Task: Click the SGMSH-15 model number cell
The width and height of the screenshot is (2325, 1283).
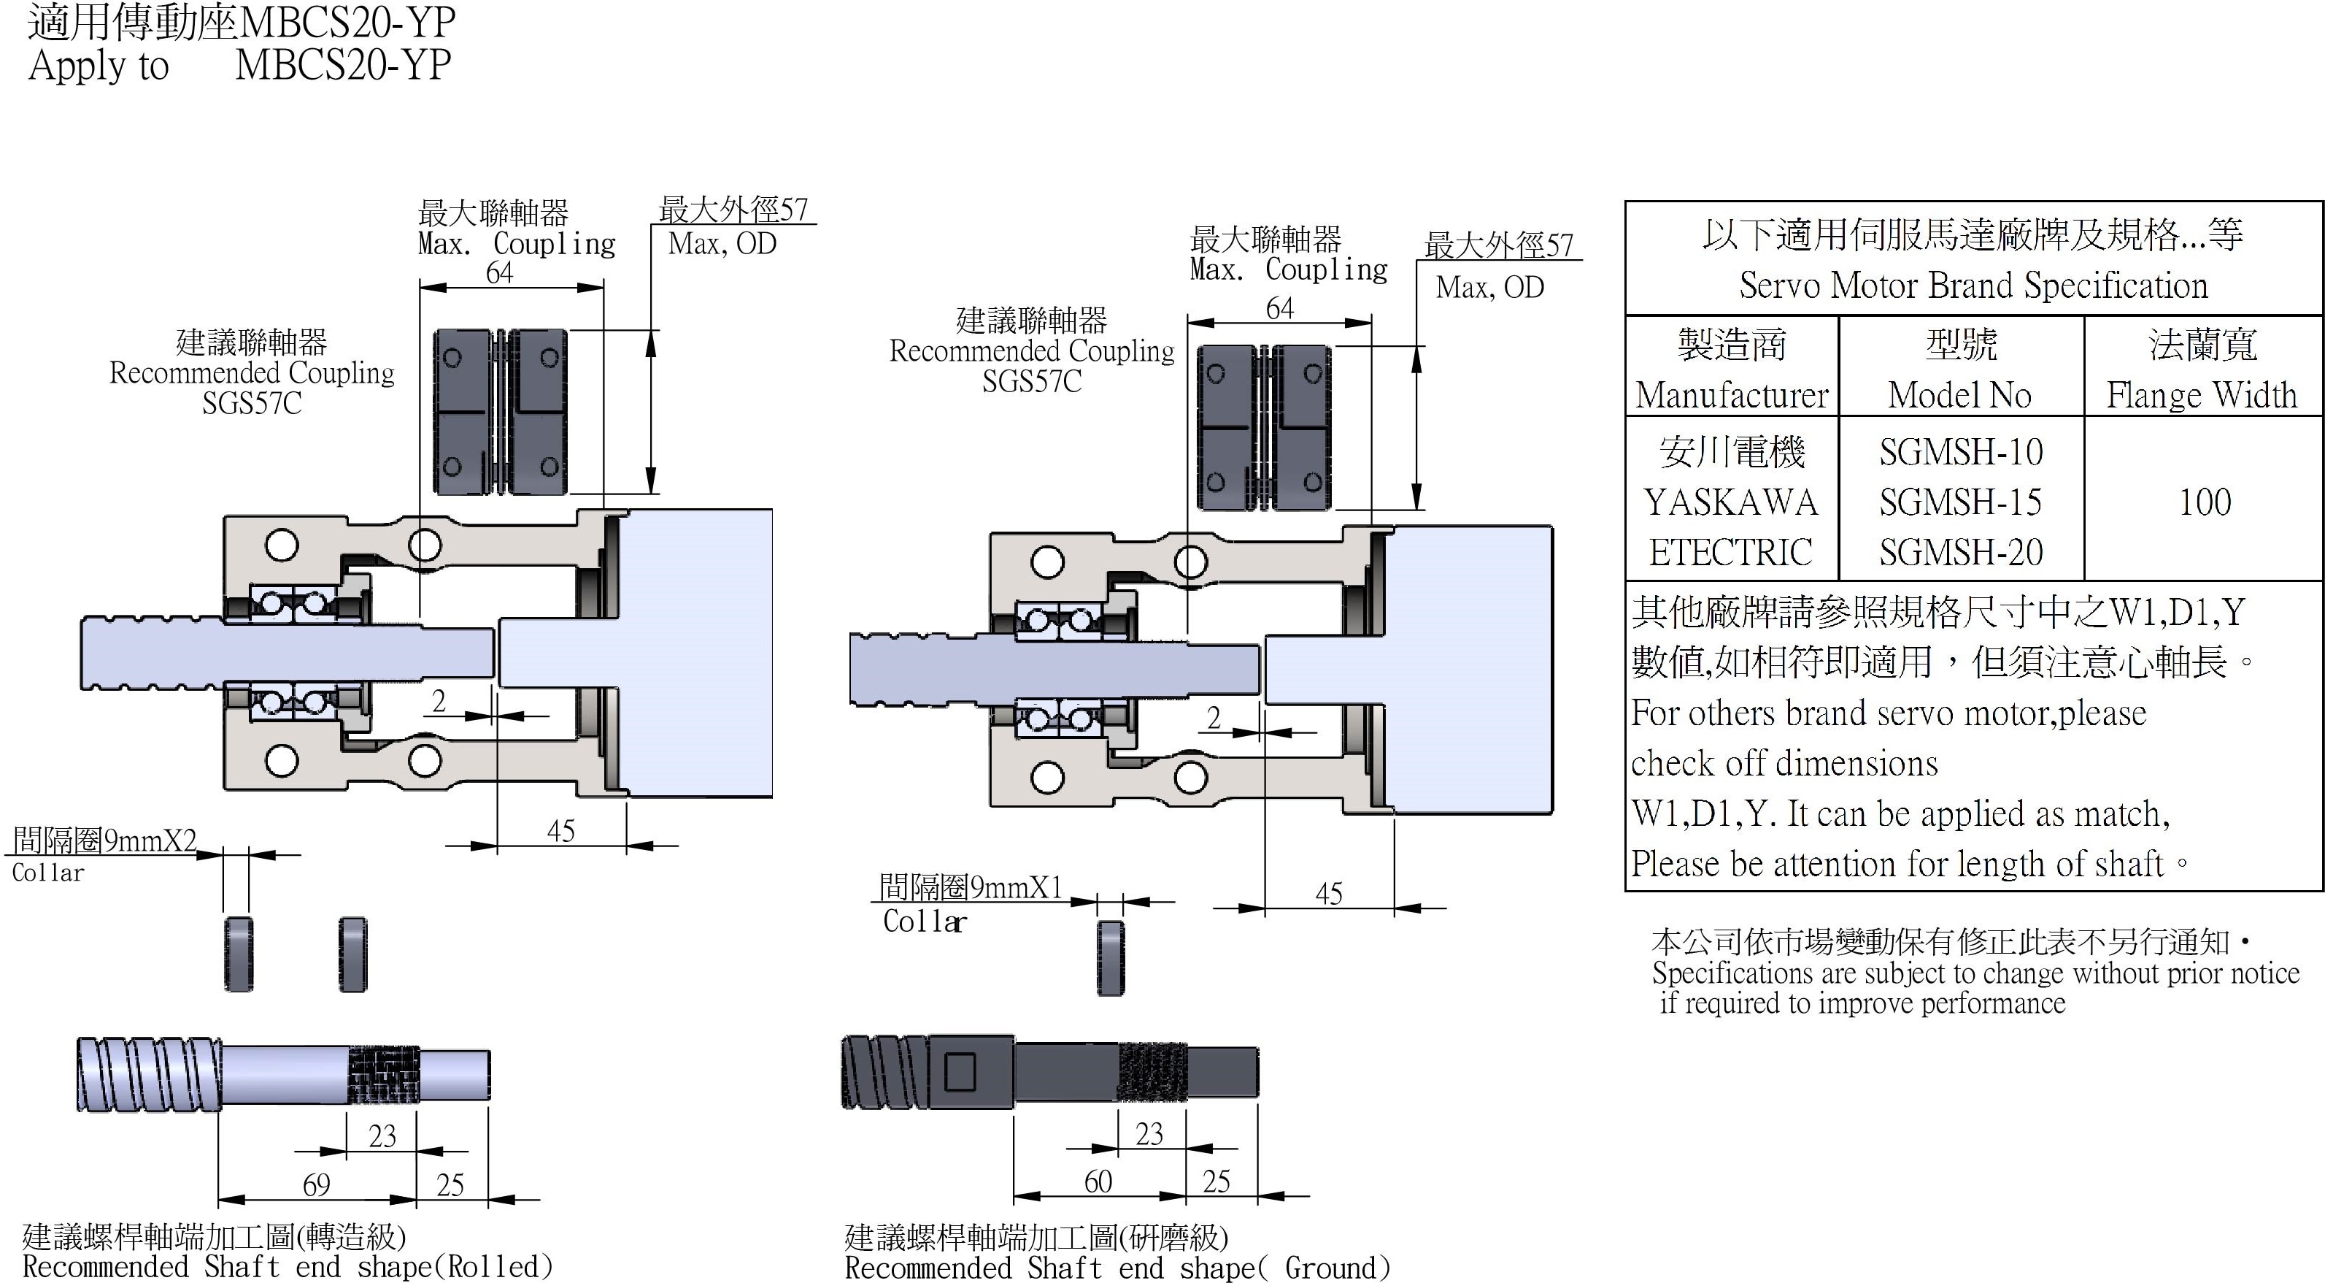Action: tap(1960, 502)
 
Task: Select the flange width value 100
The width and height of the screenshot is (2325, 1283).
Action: tap(2204, 502)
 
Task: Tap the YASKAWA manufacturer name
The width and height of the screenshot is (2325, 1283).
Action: tap(1730, 502)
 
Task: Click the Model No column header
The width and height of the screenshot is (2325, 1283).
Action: tap(1959, 394)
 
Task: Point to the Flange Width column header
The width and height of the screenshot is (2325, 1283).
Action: tap(2202, 394)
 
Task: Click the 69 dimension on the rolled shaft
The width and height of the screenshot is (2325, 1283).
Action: tap(316, 1184)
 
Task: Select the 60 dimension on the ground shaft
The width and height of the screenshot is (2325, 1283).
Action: tap(1098, 1181)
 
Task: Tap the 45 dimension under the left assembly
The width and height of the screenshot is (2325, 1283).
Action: tap(560, 831)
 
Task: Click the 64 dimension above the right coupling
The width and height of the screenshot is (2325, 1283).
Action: tap(1280, 308)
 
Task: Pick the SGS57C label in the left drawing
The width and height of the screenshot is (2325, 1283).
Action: tap(252, 402)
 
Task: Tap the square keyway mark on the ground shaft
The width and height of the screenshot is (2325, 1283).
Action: tap(960, 1073)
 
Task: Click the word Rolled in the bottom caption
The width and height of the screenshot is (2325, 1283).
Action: tap(493, 1266)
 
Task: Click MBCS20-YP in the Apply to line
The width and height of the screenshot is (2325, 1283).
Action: tap(342, 65)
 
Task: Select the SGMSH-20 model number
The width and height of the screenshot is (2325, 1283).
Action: tap(1960, 551)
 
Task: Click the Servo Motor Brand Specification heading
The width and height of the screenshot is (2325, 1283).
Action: tap(1973, 286)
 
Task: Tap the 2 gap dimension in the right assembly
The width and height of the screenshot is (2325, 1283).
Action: tap(1214, 718)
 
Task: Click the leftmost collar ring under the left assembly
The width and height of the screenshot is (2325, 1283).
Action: tap(239, 954)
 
